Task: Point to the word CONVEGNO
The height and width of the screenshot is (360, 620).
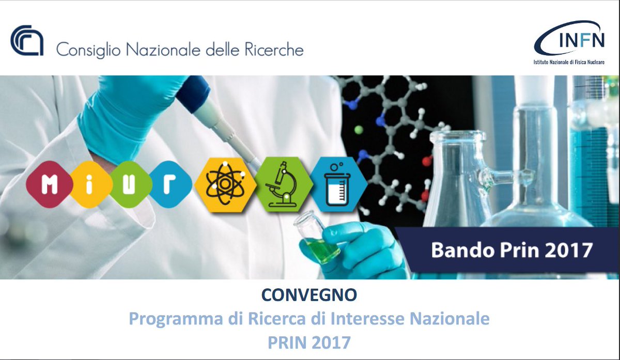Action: [309, 295]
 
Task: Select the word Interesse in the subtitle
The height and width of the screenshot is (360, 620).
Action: [369, 319]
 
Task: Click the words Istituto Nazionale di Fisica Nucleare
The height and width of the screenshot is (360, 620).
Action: [569, 62]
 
